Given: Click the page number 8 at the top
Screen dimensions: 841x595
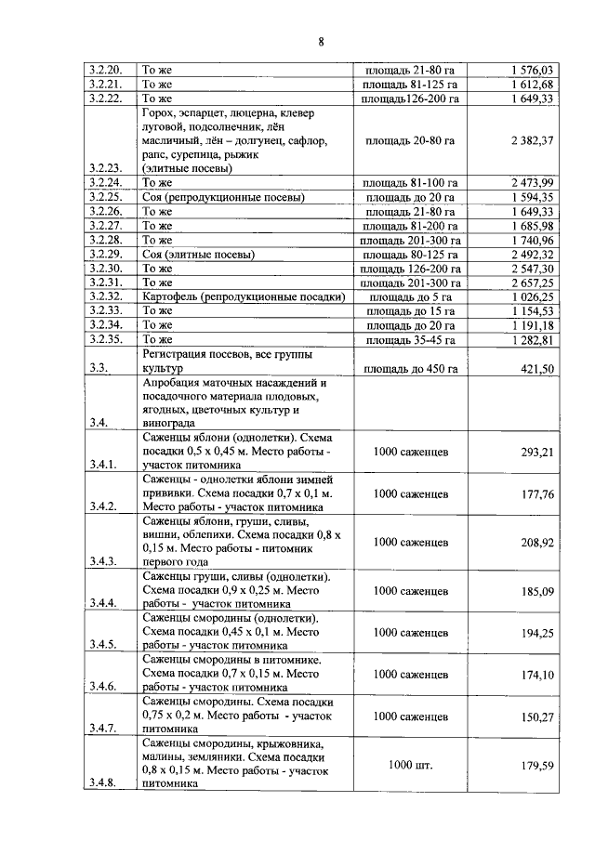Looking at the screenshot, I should coord(319,41).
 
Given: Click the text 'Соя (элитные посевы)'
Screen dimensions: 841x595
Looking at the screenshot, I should coord(198,254).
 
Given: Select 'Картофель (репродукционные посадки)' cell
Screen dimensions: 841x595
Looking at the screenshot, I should coord(244,296).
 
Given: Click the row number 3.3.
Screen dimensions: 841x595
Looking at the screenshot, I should coord(98,369).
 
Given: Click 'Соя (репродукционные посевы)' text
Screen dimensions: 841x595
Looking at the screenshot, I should coord(221,197).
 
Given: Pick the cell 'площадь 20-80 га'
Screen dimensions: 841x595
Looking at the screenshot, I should coord(410,140).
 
